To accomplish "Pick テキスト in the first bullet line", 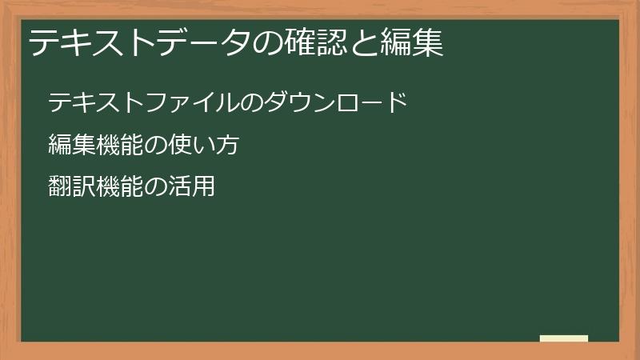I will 84,102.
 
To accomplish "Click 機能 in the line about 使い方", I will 120,146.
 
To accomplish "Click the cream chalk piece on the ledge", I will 564,338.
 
